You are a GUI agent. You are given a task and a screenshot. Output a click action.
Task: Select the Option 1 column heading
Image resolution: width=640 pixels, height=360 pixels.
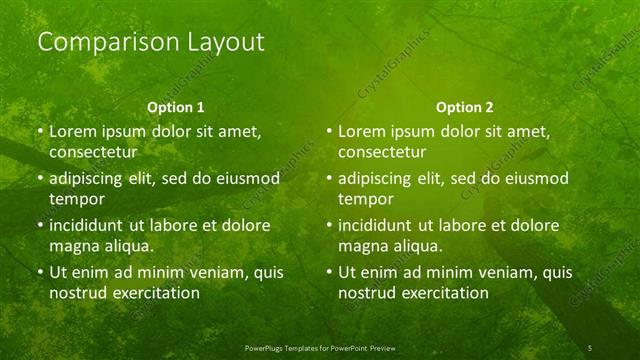176,106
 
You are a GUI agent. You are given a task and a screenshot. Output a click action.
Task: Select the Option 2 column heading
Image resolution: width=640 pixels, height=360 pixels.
465,106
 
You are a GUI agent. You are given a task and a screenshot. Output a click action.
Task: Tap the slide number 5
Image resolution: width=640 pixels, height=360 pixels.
590,346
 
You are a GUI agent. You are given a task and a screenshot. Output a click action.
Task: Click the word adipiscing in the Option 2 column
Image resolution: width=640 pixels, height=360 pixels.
380,178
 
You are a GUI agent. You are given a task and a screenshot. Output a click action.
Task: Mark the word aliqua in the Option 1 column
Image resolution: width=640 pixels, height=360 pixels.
128,246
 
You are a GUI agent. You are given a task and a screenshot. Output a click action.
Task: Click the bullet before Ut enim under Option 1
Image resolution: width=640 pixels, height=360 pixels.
39,272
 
